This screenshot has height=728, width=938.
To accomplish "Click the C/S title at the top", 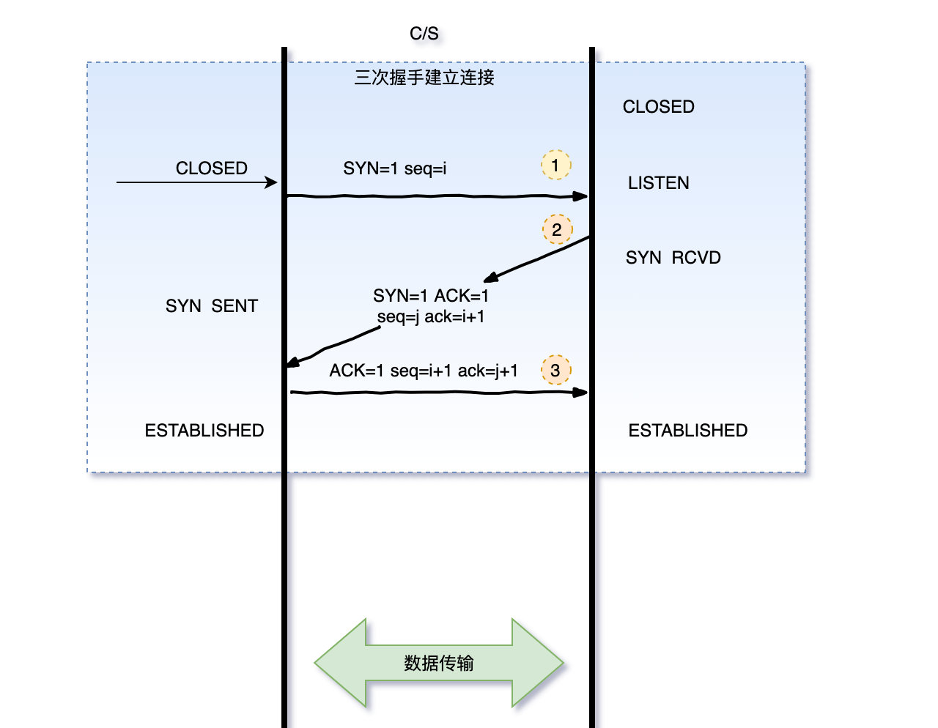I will (x=424, y=34).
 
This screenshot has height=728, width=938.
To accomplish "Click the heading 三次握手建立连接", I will (x=424, y=78).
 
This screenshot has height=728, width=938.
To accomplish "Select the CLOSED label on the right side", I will (x=658, y=107).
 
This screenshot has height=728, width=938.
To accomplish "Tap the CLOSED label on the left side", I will (x=211, y=168).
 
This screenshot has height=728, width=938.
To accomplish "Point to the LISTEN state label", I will (x=658, y=183).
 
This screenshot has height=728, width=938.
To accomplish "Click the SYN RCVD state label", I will (x=673, y=258).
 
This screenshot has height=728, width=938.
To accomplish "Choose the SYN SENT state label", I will (x=211, y=306).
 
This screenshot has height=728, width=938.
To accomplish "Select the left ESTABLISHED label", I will (x=204, y=431).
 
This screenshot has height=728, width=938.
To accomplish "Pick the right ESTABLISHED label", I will (x=687, y=431).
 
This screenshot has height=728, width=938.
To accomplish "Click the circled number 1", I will (x=555, y=166).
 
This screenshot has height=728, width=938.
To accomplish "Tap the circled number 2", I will (x=557, y=230).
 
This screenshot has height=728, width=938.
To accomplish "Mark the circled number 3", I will (x=555, y=371).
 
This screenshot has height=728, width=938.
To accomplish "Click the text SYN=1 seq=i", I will (x=394, y=168).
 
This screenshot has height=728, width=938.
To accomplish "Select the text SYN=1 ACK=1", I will (x=430, y=296).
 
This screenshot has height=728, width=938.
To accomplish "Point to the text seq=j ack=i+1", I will (x=430, y=317).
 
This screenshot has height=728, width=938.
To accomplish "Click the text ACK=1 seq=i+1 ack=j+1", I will (x=424, y=371).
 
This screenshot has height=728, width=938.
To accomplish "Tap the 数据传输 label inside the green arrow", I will (x=438, y=664).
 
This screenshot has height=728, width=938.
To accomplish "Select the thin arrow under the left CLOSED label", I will (x=196, y=182).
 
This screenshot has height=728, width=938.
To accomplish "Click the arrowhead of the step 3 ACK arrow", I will (x=580, y=393).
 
